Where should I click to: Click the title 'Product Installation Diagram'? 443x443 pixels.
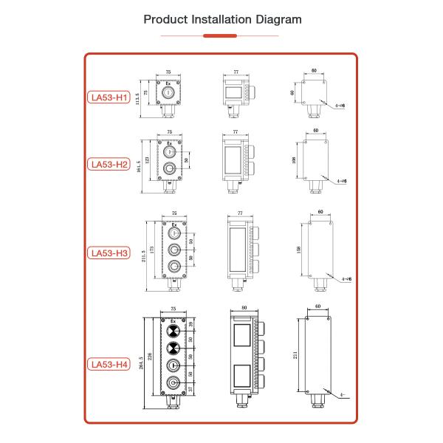tap(221, 18)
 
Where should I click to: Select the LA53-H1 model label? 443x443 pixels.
tap(109, 97)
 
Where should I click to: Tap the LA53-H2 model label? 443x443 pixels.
tap(109, 164)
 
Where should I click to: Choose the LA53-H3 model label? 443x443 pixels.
tap(109, 253)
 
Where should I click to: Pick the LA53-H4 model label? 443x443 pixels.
tap(109, 364)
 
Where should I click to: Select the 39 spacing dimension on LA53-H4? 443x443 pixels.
tap(193, 325)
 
